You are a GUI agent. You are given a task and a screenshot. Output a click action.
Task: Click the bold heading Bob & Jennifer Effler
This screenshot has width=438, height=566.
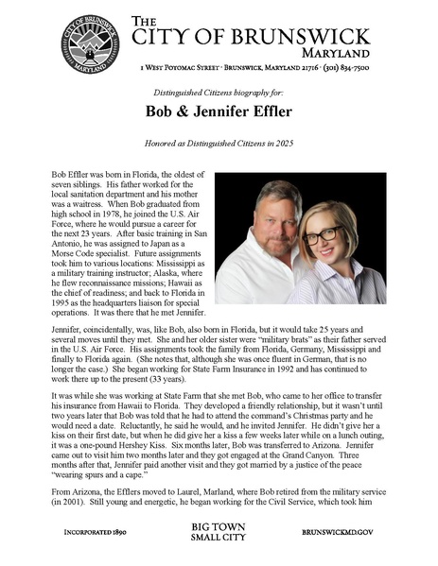pos(219,111)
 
